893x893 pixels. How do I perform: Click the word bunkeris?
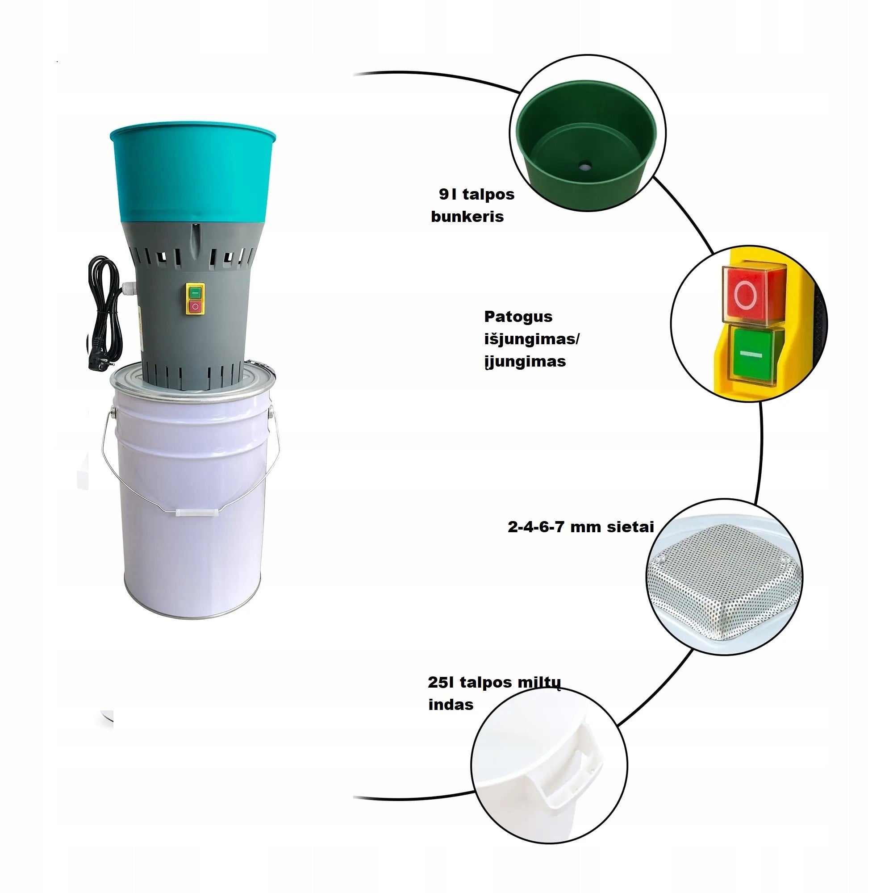467,217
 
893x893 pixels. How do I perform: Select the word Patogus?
518,317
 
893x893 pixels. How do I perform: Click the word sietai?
630,527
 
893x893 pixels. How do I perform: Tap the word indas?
451,705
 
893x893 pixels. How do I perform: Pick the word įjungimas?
525,362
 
